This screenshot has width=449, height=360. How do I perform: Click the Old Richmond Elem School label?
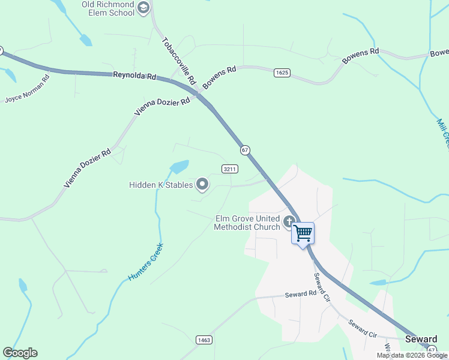pyautogui.click(x=107, y=8)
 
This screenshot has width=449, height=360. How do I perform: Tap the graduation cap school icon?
pyautogui.click(x=143, y=8)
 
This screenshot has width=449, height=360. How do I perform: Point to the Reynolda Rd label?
pyautogui.click(x=134, y=76)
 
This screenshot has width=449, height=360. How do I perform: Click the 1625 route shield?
pyautogui.click(x=282, y=73)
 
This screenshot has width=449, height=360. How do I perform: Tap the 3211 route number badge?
pyautogui.click(x=229, y=169)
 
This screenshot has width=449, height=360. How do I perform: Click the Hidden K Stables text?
pyautogui.click(x=160, y=185)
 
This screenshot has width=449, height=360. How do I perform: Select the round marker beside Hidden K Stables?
pyautogui.click(x=202, y=184)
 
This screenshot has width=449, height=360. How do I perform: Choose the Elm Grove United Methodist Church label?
pyautogui.click(x=247, y=223)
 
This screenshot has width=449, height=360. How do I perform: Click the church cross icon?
pyautogui.click(x=289, y=222)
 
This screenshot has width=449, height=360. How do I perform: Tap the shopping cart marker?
pyautogui.click(x=303, y=232)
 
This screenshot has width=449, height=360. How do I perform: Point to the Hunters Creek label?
pyautogui.click(x=146, y=262)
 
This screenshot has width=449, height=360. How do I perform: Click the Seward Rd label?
pyautogui.click(x=300, y=294)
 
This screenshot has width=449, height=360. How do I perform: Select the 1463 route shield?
pyautogui.click(x=204, y=340)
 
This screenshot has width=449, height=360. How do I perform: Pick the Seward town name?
pyautogui.click(x=421, y=339)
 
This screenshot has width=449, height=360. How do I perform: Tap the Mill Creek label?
pyautogui.click(x=443, y=133)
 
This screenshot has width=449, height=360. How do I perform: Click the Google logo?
pyautogui.click(x=20, y=353)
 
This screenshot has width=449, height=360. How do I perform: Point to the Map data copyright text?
pyautogui.click(x=412, y=355)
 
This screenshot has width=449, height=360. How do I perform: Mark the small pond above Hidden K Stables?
pyautogui.click(x=179, y=166)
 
